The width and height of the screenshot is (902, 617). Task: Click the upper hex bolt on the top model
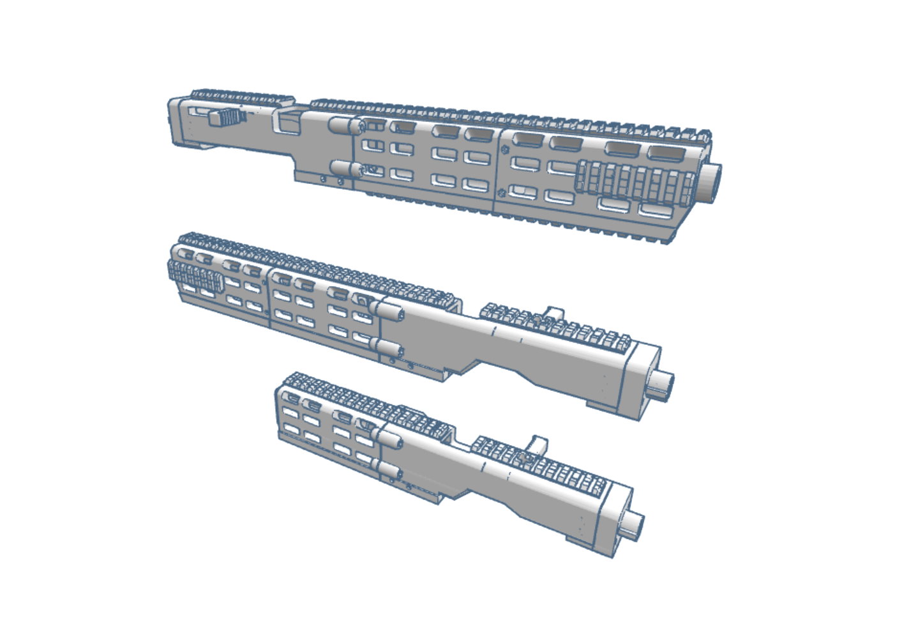(x=504, y=151)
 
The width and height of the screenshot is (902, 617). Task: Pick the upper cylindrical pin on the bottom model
(x=389, y=438)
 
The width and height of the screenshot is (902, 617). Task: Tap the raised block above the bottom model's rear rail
(x=538, y=443)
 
